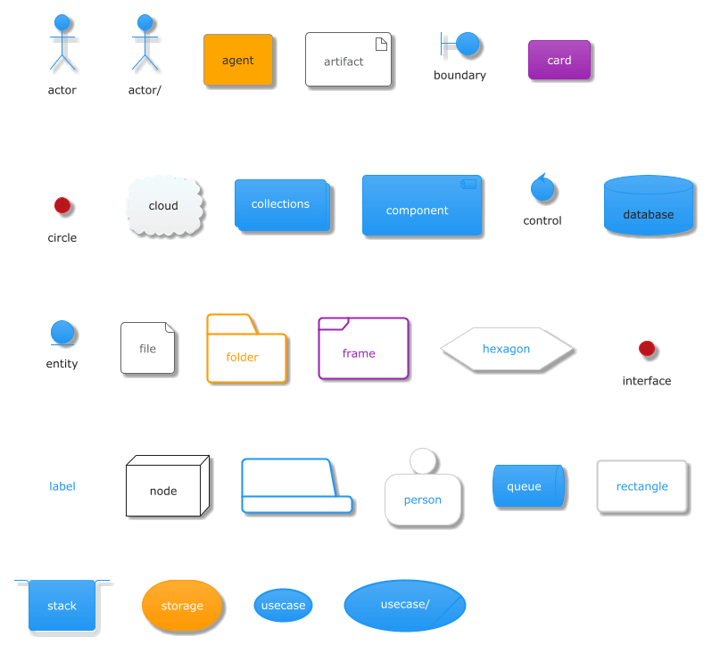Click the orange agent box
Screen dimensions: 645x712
coord(237,61)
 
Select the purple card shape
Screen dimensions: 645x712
coord(559,61)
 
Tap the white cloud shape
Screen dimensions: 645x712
coord(164,206)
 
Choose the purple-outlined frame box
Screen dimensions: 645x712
coord(363,349)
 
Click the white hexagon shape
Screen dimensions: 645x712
coord(507,349)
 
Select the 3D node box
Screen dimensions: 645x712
coord(165,489)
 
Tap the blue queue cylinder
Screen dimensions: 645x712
coord(528,487)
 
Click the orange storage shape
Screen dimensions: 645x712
coord(181,606)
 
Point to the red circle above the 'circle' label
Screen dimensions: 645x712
coord(62,205)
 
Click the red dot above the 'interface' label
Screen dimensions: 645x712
coord(648,349)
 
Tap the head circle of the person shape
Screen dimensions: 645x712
coord(423,460)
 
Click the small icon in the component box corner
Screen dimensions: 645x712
coord(469,184)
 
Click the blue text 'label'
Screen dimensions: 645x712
coord(62,486)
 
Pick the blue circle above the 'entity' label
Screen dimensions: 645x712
coord(62,333)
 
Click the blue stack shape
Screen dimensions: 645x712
coord(62,605)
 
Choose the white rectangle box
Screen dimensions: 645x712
coord(642,486)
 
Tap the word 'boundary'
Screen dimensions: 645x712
coord(459,76)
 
